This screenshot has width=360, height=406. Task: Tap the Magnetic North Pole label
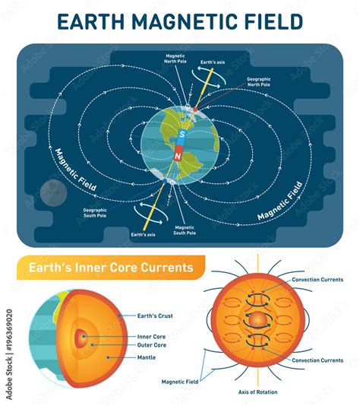[175, 59]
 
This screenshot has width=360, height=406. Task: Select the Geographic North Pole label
[259, 82]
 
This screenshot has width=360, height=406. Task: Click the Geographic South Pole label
[95, 213]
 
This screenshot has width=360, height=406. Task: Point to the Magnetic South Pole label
[185, 230]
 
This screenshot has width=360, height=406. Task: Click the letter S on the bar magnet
[182, 135]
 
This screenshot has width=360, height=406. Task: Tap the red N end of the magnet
[178, 155]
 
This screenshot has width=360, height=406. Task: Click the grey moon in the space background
[53, 193]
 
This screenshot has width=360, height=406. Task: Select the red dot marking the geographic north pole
[195, 109]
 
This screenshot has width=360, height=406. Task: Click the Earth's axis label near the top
[213, 62]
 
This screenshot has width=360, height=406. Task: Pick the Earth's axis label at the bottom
[143, 235]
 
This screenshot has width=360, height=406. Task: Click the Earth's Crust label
[155, 316]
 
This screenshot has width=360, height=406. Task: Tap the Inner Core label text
[151, 337]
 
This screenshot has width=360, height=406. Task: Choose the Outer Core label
[152, 345]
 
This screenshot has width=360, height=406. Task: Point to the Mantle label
[147, 357]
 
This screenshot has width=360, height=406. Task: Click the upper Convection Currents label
[317, 280]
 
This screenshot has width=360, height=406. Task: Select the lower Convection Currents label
[317, 360]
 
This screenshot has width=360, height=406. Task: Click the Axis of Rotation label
[257, 392]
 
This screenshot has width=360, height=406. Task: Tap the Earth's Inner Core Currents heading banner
[111, 268]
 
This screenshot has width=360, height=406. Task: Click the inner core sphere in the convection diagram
[257, 321]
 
